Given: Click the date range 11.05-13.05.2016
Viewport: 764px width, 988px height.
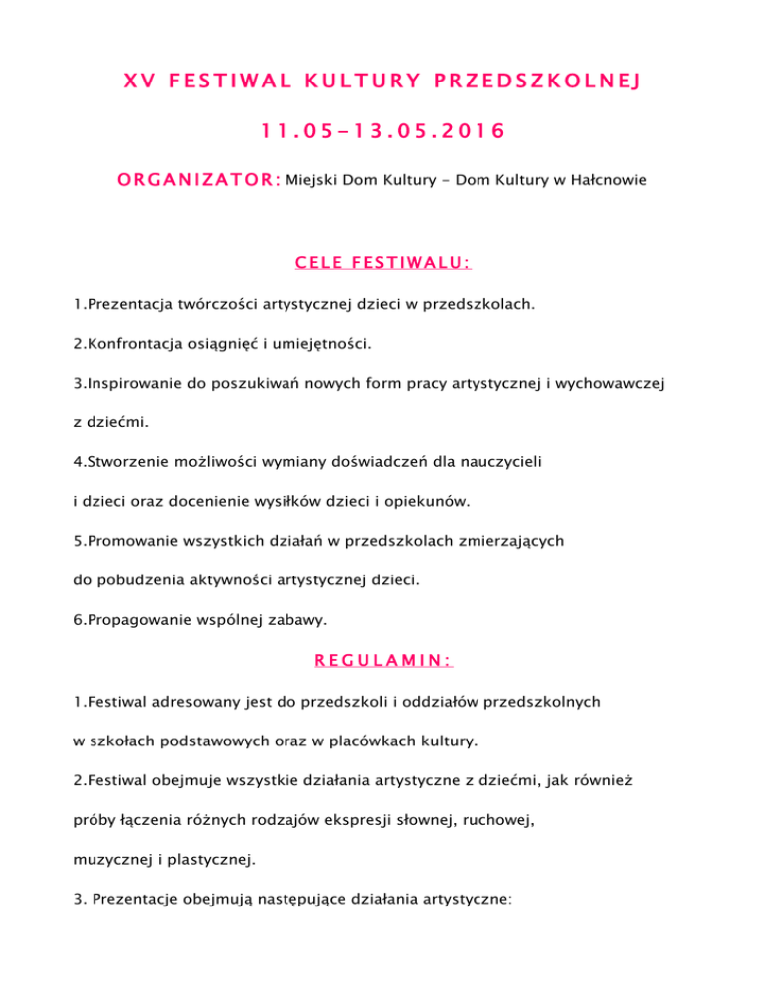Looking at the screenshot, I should [381, 130].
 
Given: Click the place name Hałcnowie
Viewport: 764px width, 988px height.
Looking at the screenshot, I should [604, 180].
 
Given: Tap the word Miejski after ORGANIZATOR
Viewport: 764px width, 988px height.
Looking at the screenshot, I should [311, 180].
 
